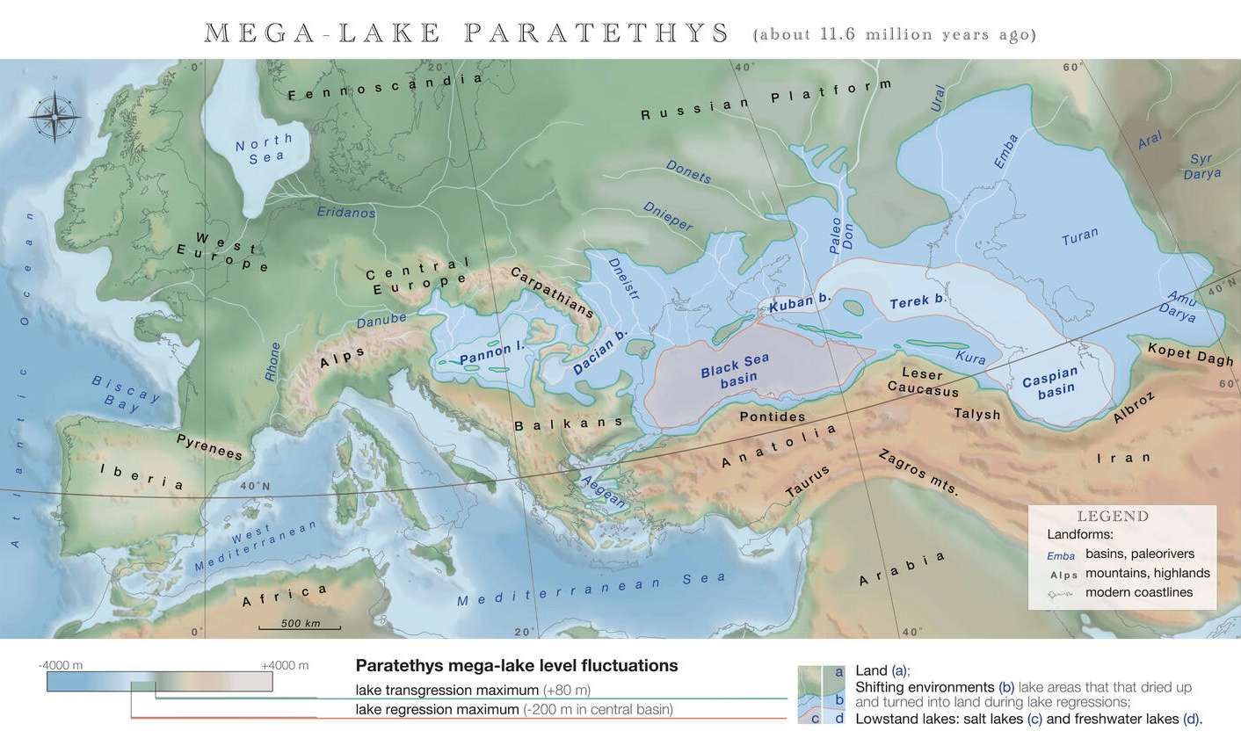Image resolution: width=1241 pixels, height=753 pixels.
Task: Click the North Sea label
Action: (x=265, y=148)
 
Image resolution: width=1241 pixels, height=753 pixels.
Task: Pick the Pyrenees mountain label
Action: (x=209, y=445)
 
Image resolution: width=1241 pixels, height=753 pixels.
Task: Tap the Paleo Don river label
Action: (x=841, y=235)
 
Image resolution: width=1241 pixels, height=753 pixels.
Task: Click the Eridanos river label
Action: (x=345, y=212)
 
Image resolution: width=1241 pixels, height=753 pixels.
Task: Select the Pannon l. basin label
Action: (x=491, y=353)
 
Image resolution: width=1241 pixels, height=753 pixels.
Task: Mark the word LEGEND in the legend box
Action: (x=1113, y=516)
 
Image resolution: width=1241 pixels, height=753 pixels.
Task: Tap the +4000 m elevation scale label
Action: (x=285, y=665)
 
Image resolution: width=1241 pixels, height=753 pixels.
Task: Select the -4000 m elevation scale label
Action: (x=61, y=665)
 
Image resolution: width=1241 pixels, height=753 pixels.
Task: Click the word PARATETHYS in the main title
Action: (x=597, y=33)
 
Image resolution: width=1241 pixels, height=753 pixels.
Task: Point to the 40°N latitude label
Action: (x=254, y=486)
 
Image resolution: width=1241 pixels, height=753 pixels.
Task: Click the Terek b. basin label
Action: (x=917, y=301)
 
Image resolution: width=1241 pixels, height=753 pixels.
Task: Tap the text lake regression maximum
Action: (x=437, y=709)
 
